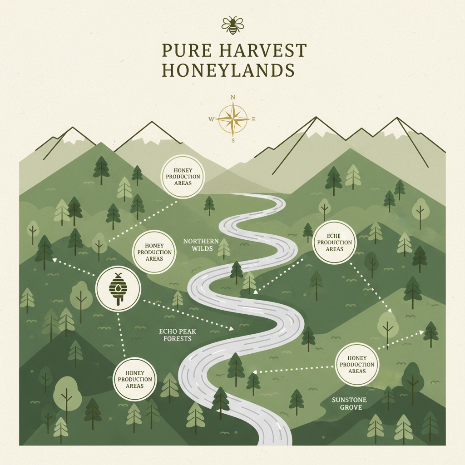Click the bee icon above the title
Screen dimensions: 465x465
click(232, 25)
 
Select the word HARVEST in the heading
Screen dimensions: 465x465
click(262, 51)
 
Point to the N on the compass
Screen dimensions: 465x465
click(233, 97)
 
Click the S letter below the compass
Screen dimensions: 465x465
click(233, 140)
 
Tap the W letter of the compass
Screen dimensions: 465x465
click(211, 119)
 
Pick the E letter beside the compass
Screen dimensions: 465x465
click(254, 119)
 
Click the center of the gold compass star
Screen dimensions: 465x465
click(232, 119)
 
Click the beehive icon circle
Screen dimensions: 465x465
click(119, 288)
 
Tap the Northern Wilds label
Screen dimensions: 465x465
click(201, 245)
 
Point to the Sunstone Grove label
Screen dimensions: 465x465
click(349, 403)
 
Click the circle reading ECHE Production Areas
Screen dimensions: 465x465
click(335, 242)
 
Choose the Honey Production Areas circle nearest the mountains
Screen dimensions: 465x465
click(183, 177)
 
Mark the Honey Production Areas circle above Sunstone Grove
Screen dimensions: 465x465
click(357, 365)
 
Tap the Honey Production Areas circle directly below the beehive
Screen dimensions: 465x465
click(135, 380)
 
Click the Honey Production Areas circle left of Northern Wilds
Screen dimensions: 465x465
click(154, 252)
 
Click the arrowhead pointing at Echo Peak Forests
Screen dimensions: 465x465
click(231, 327)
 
